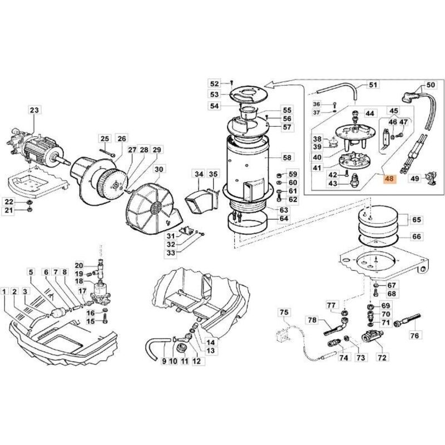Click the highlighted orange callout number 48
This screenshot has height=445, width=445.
(x=388, y=180)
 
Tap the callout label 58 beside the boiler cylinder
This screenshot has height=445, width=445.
(x=287, y=157)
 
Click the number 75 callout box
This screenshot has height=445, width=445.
(x=284, y=313)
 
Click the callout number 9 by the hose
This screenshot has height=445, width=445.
(x=164, y=362)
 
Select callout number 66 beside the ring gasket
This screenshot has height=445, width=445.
(x=416, y=236)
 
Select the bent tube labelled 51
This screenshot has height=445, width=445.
(x=334, y=92)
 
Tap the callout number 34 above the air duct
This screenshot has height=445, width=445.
(x=199, y=175)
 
